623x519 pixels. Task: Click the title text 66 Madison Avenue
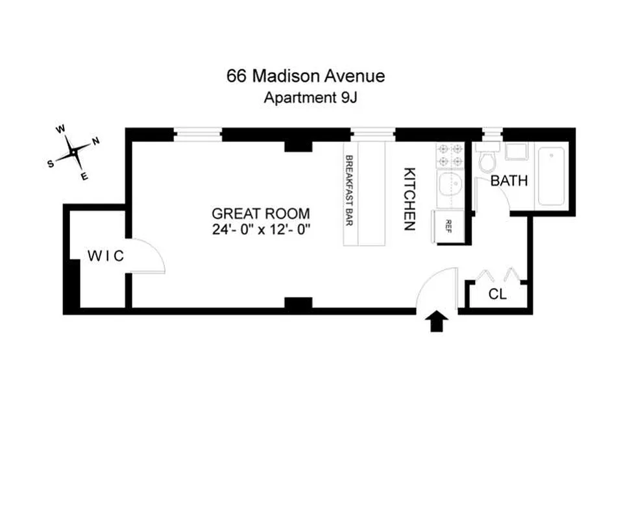[x=305, y=76]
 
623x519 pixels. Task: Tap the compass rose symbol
[x=74, y=152]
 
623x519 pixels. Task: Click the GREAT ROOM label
[x=261, y=213]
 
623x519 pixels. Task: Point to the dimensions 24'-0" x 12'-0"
[x=261, y=230]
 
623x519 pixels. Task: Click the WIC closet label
[x=105, y=256]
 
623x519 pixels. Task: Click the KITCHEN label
[x=409, y=199]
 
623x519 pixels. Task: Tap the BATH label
[x=509, y=181]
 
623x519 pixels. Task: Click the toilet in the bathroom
[x=487, y=160]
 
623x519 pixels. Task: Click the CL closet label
[x=498, y=295]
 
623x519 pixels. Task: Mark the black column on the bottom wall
[x=299, y=303]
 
